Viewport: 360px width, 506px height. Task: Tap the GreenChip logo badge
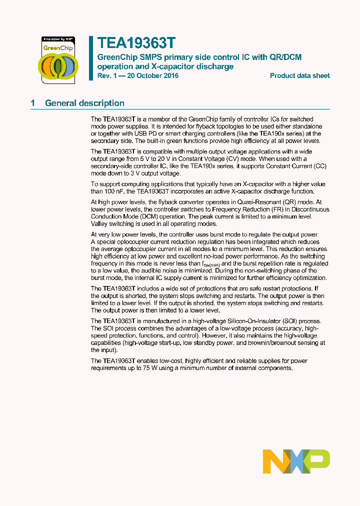[x=58, y=58]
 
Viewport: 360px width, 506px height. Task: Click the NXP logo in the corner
[x=296, y=461]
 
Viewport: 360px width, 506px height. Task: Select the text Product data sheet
[x=299, y=76]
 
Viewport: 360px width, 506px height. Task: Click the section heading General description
[x=84, y=103]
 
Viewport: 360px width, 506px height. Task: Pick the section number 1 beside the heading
[x=33, y=103]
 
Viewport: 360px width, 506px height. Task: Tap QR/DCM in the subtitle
[x=285, y=57]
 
